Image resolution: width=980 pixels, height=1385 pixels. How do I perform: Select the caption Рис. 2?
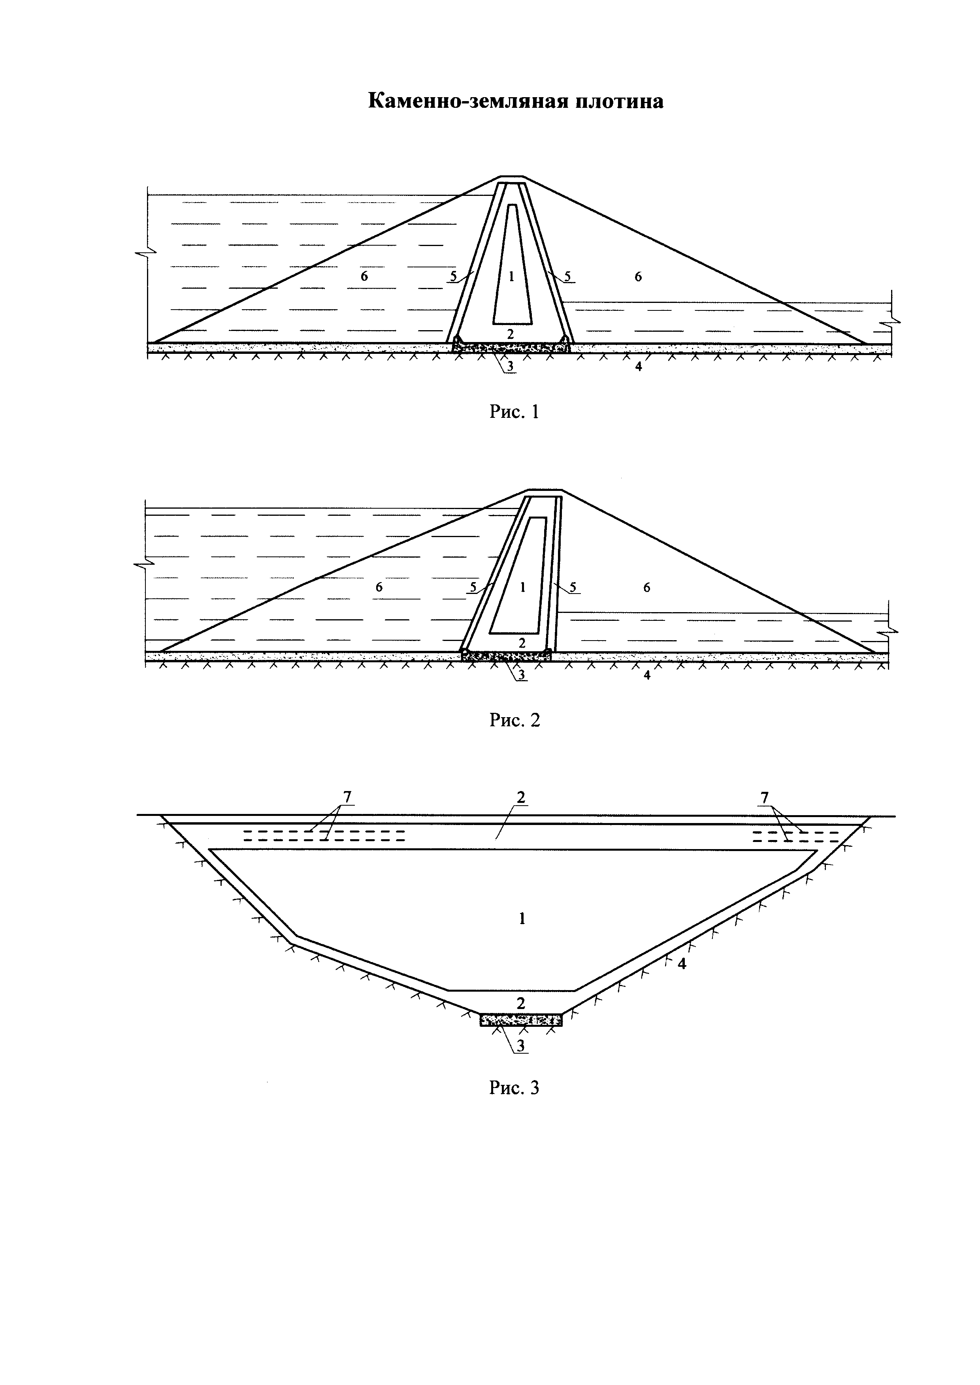pyautogui.click(x=514, y=720)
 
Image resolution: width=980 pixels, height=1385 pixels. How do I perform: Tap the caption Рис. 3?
pyautogui.click(x=514, y=1088)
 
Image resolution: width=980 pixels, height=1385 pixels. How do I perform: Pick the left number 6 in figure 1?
pyautogui.click(x=364, y=277)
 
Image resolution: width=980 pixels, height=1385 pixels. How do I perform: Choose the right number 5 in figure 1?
pyautogui.click(x=567, y=277)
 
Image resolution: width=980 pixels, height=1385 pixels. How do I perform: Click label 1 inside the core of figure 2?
pyautogui.click(x=522, y=587)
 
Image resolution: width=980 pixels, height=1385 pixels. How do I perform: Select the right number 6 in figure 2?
pyautogui.click(x=647, y=588)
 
